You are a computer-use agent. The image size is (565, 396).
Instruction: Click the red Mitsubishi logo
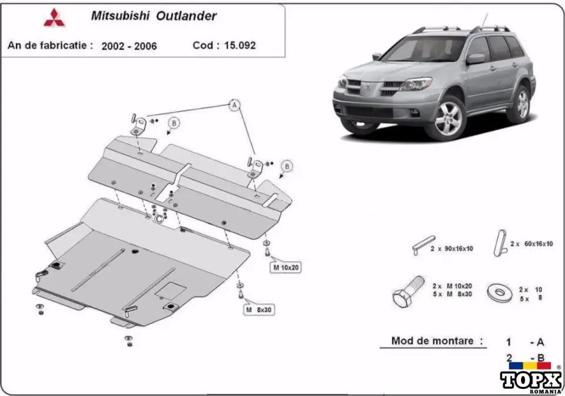(55, 18)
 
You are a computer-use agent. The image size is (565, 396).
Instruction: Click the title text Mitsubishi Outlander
(153, 16)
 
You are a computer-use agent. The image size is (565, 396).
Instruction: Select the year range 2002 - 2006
(129, 45)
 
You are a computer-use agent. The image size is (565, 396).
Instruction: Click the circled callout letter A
(234, 105)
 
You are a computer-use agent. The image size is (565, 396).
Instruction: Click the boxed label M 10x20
(285, 268)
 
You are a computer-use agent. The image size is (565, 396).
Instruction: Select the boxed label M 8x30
(260, 309)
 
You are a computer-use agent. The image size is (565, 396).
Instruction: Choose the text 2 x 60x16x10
(531, 244)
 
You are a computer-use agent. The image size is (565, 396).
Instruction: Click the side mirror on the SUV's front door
(476, 58)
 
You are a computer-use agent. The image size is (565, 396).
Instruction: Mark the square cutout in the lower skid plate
(173, 289)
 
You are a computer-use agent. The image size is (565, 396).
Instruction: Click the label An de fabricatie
(50, 45)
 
